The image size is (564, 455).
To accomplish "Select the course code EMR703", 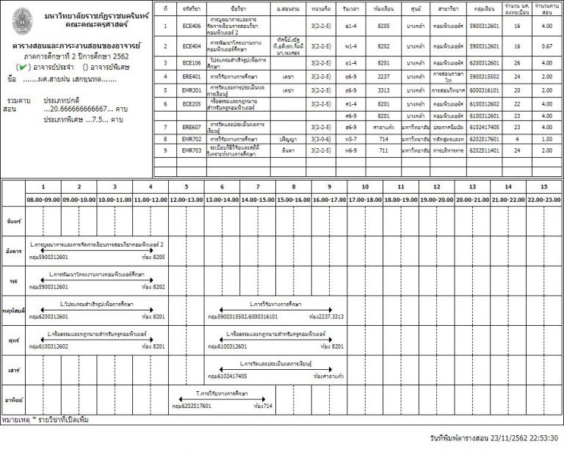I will click(192, 150).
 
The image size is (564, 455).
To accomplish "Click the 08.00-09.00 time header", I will click(43, 199).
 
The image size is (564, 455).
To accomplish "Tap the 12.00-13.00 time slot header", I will click(186, 199).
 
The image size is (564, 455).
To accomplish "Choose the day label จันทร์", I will click(12, 220).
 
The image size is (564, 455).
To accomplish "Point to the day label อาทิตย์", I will click(12, 400).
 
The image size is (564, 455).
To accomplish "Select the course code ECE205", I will click(192, 104).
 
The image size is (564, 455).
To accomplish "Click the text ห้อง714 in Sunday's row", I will click(262, 405).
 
